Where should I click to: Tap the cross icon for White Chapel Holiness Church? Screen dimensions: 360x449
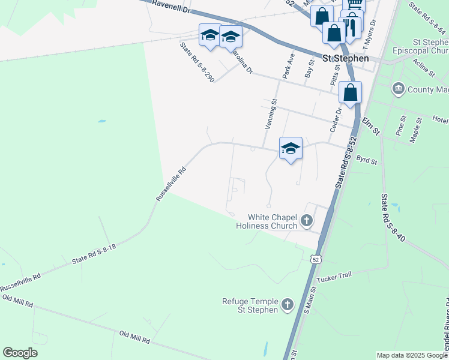click(307, 221)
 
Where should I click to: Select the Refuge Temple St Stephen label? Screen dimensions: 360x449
click(250, 305)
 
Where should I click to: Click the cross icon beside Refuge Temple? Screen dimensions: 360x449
click(288, 305)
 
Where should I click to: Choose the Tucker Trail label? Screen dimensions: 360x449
click(333, 277)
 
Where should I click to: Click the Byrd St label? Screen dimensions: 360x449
click(366, 161)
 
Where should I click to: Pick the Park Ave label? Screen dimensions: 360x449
click(289, 65)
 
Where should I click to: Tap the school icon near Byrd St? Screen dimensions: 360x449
click(291, 148)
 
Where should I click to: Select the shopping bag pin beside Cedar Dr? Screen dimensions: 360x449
click(350, 92)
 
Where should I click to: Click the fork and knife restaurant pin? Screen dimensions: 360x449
click(351, 26)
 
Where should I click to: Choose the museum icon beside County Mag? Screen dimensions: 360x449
click(398, 89)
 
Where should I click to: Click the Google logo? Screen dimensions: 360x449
click(20, 353)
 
